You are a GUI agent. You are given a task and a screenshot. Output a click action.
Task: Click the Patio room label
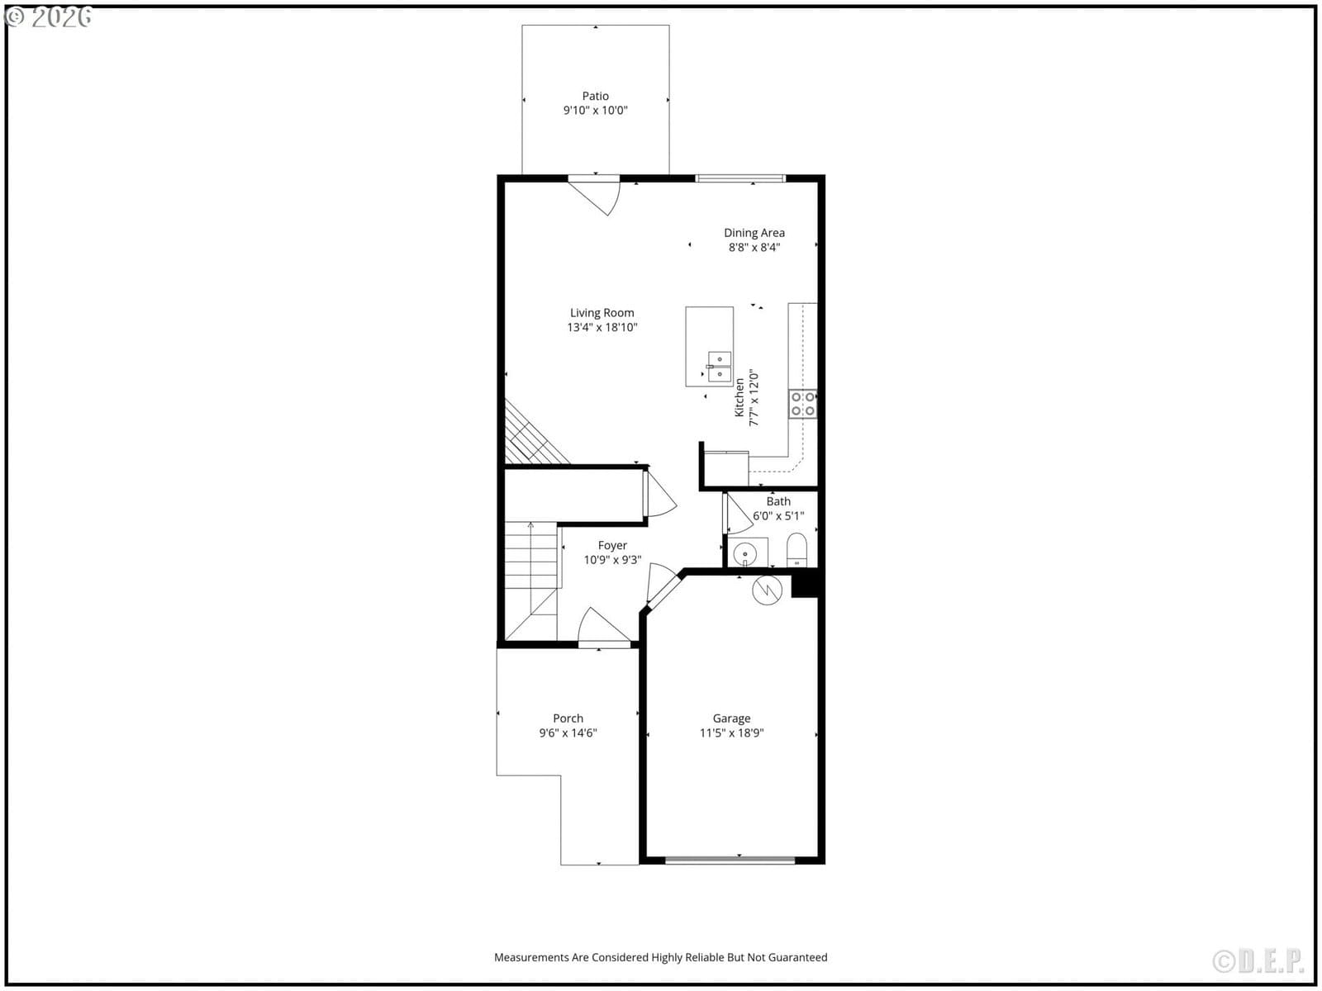[x=595, y=97]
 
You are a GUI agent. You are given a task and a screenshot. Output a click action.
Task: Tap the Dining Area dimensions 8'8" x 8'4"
[x=754, y=247]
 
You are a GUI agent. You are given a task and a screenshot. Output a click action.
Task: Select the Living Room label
[x=602, y=313]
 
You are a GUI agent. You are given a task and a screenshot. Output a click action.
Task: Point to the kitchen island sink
[x=719, y=367]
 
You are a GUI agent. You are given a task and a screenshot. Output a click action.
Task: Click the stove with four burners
[x=803, y=404]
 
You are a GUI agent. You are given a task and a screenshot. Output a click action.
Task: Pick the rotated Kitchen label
[x=739, y=398]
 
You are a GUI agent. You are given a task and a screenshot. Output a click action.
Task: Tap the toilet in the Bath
[x=797, y=549]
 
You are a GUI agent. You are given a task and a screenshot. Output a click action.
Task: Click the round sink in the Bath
[x=745, y=553]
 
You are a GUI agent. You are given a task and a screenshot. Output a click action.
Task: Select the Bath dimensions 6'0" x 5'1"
[x=778, y=516]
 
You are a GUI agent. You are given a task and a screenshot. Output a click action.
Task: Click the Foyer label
[x=612, y=546]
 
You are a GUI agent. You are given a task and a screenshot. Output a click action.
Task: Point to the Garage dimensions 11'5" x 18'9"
[x=731, y=733]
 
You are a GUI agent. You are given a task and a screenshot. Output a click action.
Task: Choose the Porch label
[x=568, y=718]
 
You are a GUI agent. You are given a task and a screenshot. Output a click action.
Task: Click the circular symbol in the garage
[x=767, y=590]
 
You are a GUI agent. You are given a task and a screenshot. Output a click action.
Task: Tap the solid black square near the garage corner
[x=805, y=583]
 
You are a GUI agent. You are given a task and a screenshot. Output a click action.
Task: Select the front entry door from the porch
[x=604, y=626]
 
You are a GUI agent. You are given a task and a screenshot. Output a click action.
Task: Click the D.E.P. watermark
[x=1258, y=961]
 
